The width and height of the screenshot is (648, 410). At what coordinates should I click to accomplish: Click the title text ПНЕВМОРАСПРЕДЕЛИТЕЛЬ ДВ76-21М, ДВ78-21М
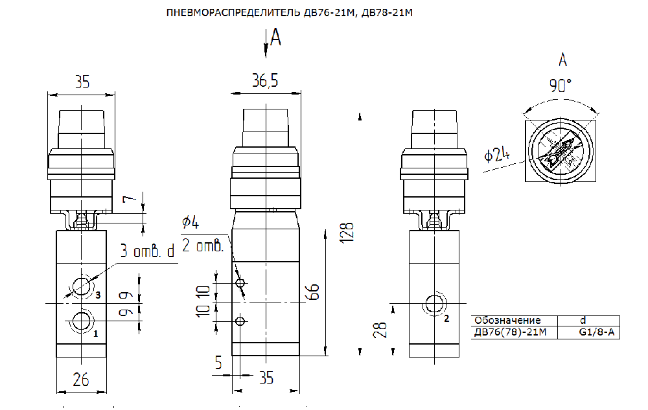tap(289, 13)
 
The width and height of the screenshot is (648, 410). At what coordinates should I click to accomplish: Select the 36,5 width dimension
tap(265, 80)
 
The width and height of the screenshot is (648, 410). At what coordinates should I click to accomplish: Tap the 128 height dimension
tap(347, 233)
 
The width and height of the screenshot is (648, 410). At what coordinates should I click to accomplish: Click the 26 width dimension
tap(80, 380)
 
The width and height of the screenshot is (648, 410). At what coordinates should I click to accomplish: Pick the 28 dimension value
tap(380, 330)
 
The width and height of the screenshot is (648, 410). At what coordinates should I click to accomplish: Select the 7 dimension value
tap(130, 199)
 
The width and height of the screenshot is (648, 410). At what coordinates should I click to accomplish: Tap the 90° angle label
tap(560, 85)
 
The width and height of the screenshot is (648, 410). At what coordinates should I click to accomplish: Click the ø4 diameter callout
tap(191, 223)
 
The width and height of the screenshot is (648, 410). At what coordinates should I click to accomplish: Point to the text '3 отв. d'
tap(148, 251)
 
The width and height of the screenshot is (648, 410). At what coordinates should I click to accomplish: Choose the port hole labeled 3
tap(82, 286)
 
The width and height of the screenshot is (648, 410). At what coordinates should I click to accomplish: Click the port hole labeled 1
tap(82, 321)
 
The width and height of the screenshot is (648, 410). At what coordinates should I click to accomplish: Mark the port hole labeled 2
tap(434, 304)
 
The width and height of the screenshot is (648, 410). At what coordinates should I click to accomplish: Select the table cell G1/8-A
tap(596, 332)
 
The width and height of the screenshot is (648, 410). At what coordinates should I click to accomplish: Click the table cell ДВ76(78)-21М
tap(510, 332)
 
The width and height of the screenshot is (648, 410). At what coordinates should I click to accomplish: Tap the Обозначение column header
tap(507, 321)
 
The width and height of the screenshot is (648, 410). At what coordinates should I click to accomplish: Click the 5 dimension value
tap(218, 363)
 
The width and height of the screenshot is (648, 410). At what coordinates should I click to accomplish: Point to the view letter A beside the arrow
tap(275, 37)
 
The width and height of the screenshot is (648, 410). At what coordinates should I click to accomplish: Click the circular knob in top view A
tap(561, 151)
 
